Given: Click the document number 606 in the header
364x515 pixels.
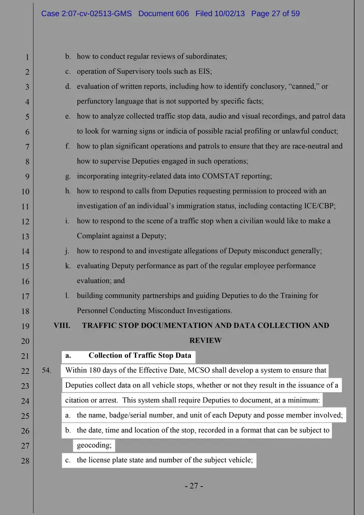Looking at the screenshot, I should [x=182, y=14].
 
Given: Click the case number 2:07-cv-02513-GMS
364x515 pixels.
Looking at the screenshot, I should [x=86, y=14].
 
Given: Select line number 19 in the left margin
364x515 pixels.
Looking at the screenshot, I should [x=25, y=326].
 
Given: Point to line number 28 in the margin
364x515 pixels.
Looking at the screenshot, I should [x=25, y=461].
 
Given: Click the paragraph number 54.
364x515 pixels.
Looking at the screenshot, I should [x=46, y=371].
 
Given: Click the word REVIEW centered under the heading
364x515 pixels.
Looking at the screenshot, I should [x=205, y=341].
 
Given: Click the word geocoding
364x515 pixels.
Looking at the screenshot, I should [x=94, y=445].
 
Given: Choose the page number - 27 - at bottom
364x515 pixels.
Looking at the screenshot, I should [x=194, y=486].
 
